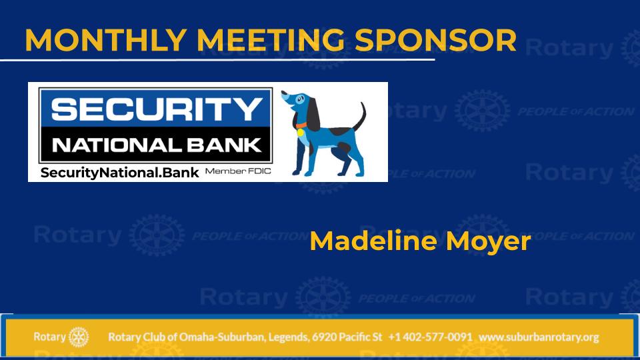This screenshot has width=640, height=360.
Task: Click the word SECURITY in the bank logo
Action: coord(157,109)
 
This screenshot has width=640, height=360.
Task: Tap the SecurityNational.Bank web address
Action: coord(119,173)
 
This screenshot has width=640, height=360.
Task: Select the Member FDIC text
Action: coord(238,171)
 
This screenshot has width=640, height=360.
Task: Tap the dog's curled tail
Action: coord(360,116)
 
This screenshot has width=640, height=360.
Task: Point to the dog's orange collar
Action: coord(301,125)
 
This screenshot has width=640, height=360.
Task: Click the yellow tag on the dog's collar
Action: coord(301,132)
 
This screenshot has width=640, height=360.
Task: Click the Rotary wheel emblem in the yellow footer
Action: coord(79,337)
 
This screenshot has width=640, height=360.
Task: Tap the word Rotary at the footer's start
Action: coord(49,337)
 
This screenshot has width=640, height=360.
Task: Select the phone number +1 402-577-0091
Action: coord(430,337)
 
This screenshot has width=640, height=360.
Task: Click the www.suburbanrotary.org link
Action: coord(539,337)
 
